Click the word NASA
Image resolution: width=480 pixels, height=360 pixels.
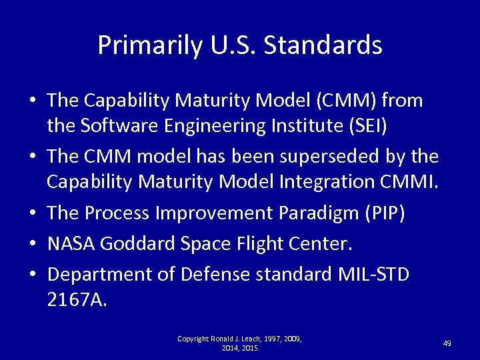(x=71, y=244)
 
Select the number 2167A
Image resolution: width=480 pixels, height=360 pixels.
(x=77, y=299)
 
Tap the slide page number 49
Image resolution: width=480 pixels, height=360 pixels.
(x=447, y=343)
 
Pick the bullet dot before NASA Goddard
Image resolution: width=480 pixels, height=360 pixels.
(x=32, y=245)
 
